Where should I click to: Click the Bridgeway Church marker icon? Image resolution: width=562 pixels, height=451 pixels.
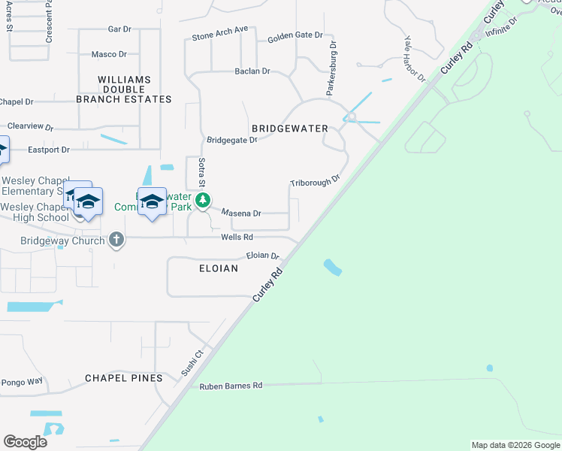(116, 240)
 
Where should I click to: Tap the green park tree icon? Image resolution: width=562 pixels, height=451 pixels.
(202, 200)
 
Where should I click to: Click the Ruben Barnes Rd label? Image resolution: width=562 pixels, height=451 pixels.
(231, 386)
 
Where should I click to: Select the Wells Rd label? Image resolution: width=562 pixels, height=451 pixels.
(231, 238)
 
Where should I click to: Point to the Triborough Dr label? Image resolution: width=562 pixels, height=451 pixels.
(316, 182)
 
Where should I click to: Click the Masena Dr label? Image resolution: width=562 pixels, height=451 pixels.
(240, 213)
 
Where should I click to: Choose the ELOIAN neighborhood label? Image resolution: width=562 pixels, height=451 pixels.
(219, 268)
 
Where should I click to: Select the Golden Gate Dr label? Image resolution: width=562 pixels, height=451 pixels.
(295, 35)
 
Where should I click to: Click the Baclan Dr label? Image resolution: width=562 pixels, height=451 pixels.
(252, 71)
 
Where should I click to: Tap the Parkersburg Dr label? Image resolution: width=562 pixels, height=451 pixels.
(331, 68)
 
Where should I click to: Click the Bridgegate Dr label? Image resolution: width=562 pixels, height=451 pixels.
(232, 140)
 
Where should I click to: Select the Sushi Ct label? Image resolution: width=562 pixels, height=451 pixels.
(193, 362)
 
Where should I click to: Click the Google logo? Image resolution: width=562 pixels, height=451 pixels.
(25, 442)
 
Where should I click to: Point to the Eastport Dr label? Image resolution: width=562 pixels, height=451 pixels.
(49, 150)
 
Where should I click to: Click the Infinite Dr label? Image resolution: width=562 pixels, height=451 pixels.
(501, 26)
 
